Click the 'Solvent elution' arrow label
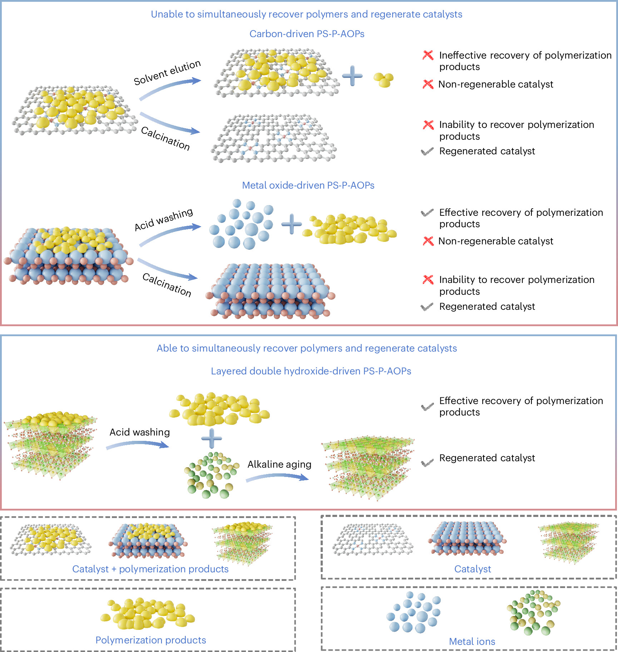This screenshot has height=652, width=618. tap(167, 73)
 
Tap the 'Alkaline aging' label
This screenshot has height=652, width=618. tap(279, 464)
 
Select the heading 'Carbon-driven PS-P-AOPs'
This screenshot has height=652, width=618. tap(307, 34)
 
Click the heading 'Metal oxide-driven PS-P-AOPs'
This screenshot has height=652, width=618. tap(308, 185)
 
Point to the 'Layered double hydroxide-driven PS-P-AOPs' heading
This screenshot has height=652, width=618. tap(311, 371)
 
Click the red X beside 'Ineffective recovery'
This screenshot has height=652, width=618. tap(428, 55)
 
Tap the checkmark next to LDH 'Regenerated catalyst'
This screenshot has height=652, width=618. tap(427, 463)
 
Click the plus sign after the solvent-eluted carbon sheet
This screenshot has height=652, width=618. tap(352, 76)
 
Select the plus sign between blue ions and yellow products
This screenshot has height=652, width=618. tap(292, 224)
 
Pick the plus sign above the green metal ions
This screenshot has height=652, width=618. tap(212, 438)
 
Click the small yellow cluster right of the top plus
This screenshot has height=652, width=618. tap(384, 80)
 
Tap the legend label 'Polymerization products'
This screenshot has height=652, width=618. tap(150, 640)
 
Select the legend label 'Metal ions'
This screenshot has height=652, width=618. tap(472, 641)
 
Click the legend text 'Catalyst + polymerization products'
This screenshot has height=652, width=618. tap(150, 569)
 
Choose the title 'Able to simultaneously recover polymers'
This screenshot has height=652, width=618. tap(307, 348)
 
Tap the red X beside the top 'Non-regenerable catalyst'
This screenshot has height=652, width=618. tap(428, 84)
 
